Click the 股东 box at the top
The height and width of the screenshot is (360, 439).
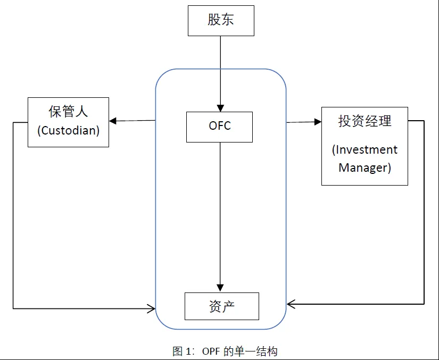221,21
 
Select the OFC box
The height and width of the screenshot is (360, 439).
219,127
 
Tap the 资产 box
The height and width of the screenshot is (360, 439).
222,306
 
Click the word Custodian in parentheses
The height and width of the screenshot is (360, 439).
69,130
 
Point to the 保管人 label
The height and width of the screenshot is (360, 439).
68,111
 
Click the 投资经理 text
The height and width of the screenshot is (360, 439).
365,121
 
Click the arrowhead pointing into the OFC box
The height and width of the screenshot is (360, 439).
220,108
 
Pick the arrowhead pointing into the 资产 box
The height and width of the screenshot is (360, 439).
220,288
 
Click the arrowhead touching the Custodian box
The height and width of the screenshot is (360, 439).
113,121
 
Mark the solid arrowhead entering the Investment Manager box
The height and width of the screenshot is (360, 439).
318,122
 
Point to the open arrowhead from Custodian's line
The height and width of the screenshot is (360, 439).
152,309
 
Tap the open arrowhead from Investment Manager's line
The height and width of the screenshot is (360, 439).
291,304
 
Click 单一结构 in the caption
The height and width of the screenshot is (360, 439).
256,351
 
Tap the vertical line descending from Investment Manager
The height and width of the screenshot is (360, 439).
424,212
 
